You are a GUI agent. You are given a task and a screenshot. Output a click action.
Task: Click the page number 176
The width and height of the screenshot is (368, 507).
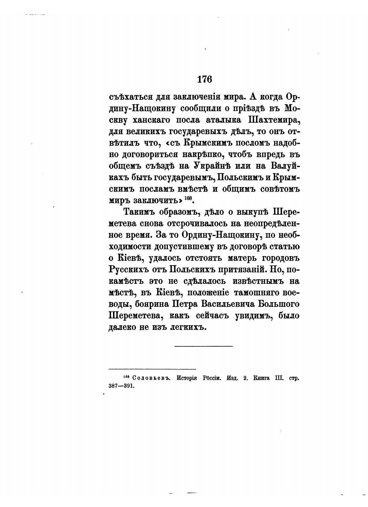tap(204, 79)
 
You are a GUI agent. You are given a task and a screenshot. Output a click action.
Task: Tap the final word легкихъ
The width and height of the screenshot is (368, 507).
tap(188, 327)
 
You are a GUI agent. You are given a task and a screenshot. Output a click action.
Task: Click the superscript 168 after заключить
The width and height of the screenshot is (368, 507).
tap(189, 198)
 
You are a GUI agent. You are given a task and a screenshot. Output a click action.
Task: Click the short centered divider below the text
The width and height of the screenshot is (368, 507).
tap(203, 346)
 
